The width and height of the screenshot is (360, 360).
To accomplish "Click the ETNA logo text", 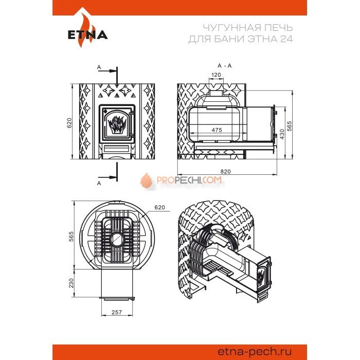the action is pos(88,35).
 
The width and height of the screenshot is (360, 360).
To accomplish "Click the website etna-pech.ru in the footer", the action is pos(255,351).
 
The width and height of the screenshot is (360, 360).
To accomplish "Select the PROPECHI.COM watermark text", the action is pos(189,180).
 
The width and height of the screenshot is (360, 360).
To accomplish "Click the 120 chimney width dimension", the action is pos(216,75).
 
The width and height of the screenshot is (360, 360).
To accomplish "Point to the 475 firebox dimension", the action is pos(217,130).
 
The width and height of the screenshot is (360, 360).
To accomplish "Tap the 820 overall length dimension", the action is pos(225,171).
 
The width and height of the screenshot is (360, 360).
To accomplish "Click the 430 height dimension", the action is pos(282,134).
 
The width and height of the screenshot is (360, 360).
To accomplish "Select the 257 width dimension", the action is pos(117,312).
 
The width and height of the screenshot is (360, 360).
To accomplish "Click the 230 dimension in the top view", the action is pos(71,283).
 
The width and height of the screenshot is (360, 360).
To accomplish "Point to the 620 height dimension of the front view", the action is pos(69,122).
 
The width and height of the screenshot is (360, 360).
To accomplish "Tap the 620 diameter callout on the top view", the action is pos(159,207).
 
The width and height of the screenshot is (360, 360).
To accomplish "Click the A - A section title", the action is pos(225,66).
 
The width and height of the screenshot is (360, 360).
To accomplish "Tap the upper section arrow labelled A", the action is pos(107,71).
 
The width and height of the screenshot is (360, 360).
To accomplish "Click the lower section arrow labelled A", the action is pos(107,177).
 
